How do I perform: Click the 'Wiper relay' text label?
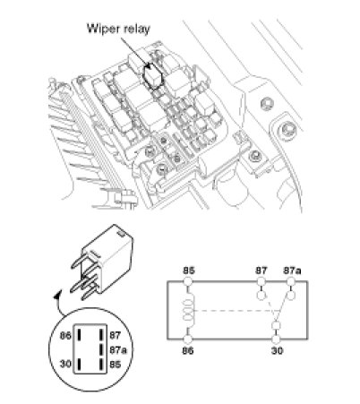pyautogui.click(x=118, y=29)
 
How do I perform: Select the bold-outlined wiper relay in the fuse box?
pyautogui.click(x=153, y=76)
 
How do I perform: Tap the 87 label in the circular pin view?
pyautogui.click(x=115, y=335)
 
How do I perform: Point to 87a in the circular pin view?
pyautogui.click(x=118, y=349)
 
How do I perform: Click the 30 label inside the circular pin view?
pyautogui.click(x=65, y=364)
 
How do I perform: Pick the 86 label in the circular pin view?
pyautogui.click(x=65, y=335)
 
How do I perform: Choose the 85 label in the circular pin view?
pyautogui.click(x=115, y=365)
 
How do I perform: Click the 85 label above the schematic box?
pyautogui.click(x=188, y=271)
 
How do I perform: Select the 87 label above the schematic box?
pyautogui.click(x=261, y=271)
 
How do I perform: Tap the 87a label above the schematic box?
pyautogui.click(x=292, y=271)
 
